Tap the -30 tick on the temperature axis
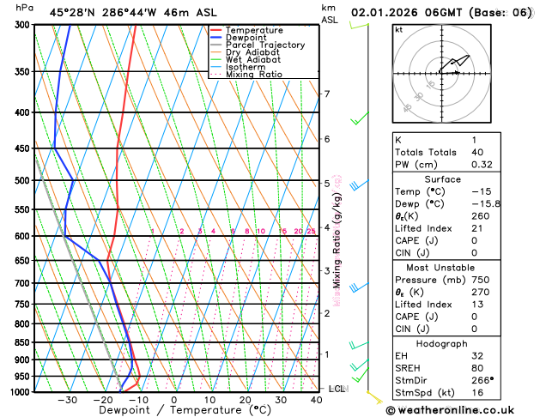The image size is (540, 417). (x=67, y=400)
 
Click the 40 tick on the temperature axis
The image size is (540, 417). (x=317, y=400)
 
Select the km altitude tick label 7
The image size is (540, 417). (x=326, y=94)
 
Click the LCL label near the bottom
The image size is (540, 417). (x=337, y=389)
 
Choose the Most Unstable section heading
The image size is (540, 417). (x=460, y=268)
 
